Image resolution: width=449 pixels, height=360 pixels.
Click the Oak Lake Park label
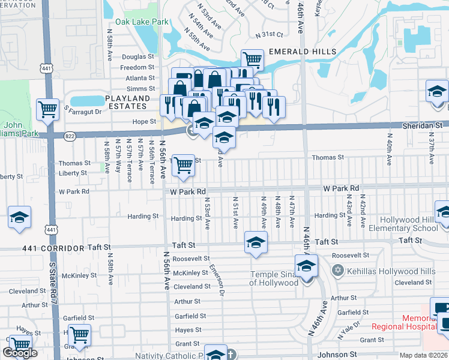pyautogui.click(x=142, y=22)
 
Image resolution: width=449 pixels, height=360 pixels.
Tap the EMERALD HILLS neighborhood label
pyautogui.click(x=302, y=52)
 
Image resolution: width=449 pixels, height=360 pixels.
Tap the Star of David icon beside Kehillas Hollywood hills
pyautogui.click(x=337, y=271)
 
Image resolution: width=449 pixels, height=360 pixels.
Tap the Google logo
pyautogui.click(x=20, y=353)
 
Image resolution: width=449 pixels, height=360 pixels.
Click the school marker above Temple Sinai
pyautogui.click(x=306, y=264)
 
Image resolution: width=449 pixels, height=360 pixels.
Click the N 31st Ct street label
pyautogui.click(x=268, y=35)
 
